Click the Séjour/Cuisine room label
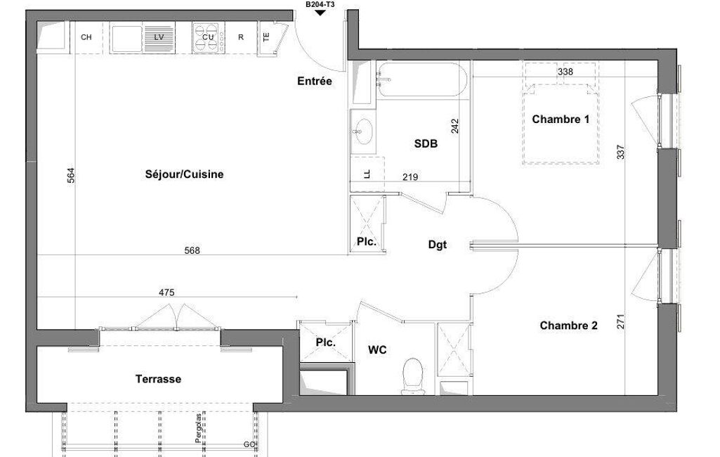184,174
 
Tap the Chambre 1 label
561,120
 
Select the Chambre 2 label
568,326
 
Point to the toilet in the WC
414,377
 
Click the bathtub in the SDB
422,79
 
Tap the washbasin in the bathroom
362,131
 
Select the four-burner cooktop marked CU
208,38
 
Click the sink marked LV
143,38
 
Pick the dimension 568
192,250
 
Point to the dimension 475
166,292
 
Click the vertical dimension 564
71,176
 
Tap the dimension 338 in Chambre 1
565,72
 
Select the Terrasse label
158,379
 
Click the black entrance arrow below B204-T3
320,13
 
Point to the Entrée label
315,82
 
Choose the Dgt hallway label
437,245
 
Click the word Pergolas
198,428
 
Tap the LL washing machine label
367,174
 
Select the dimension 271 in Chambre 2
620,321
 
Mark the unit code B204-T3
320,5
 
